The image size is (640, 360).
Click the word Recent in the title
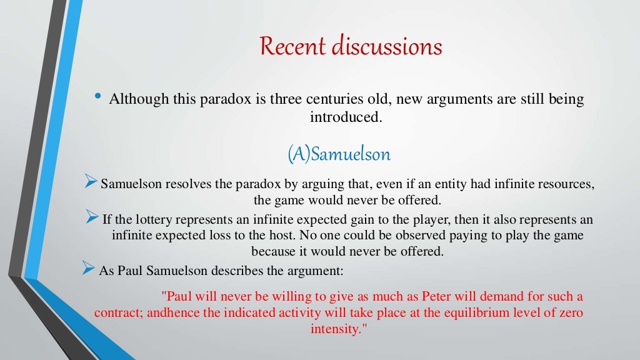(292, 47)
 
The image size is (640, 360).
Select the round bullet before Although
(97, 97)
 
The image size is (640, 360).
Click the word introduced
(345, 116)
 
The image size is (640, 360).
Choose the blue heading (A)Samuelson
(339, 154)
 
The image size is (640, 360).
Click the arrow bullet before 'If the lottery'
(92, 217)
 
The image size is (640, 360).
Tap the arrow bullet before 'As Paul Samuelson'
(89, 269)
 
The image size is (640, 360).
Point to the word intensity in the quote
(335, 329)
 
